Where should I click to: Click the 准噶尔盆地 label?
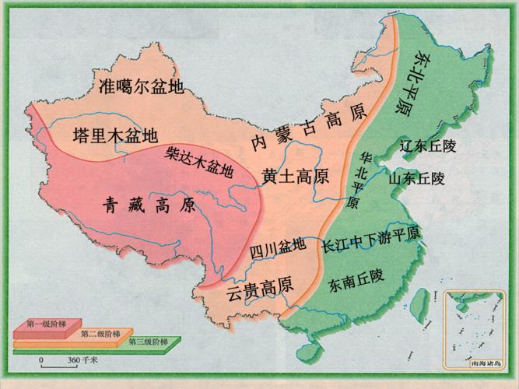click(x=141, y=86)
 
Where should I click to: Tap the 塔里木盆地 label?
click(x=114, y=133)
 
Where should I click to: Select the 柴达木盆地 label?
click(x=199, y=161)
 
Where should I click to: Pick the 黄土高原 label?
click(x=295, y=176)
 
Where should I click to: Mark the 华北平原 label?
click(x=359, y=178)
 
